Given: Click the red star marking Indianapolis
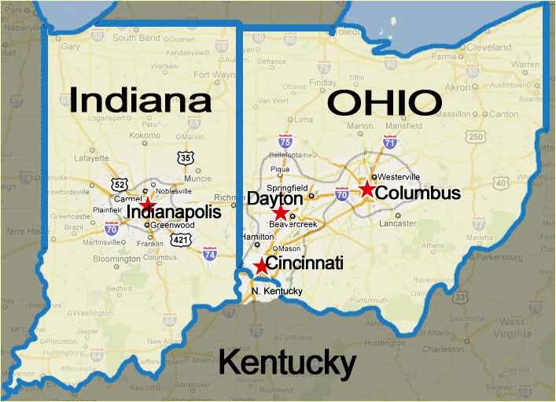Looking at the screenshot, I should tap(148, 203).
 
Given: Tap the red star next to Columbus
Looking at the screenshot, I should tap(366, 189).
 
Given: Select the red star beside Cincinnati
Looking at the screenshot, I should tap(262, 266).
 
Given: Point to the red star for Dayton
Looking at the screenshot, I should tap(281, 212).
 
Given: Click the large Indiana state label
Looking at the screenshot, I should tap(141, 101).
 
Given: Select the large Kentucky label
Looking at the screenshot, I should tap(286, 363).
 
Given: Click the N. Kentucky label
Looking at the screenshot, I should tap(277, 291).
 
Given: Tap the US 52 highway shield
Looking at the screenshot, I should tap(119, 186).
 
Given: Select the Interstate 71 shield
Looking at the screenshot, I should tap(389, 142).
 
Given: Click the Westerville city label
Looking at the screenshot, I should tap(400, 176).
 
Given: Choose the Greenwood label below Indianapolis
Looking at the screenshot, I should tap(171, 225).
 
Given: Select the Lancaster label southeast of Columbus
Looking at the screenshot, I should tap(397, 223).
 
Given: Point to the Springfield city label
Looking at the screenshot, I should tap(288, 189).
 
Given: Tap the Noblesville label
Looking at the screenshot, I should tap(175, 190).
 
